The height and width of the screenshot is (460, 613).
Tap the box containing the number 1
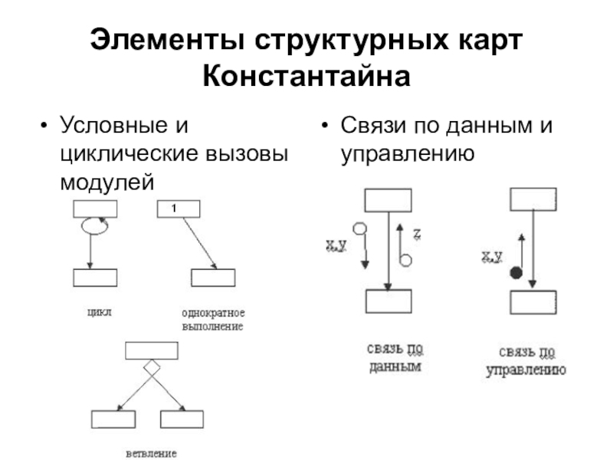(x=178, y=209)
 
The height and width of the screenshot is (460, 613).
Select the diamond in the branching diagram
(x=152, y=367)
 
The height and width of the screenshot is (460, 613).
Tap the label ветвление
(x=151, y=453)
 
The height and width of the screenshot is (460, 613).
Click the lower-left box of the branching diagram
(x=113, y=419)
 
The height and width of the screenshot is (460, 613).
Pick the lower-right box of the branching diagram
(x=182, y=419)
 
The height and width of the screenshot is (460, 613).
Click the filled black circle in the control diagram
(x=516, y=271)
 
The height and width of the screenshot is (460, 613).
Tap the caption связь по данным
(x=395, y=359)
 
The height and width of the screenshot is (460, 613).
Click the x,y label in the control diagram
(x=491, y=256)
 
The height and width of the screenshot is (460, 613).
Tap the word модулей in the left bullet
(x=107, y=182)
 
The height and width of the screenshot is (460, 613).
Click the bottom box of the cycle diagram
(x=94, y=278)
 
